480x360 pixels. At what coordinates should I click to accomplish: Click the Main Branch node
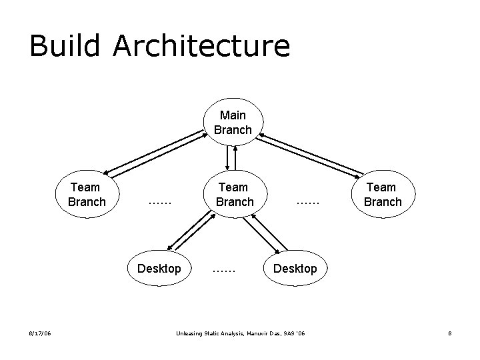(233, 123)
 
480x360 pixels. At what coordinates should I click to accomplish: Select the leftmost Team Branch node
(87, 194)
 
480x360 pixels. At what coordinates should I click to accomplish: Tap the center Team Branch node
(234, 194)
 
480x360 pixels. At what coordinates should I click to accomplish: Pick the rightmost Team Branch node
(383, 194)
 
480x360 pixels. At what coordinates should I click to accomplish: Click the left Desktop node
(159, 269)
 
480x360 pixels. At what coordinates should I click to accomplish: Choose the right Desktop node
(295, 269)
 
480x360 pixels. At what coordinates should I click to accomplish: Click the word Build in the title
(64, 46)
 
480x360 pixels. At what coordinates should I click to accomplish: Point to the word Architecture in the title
(201, 46)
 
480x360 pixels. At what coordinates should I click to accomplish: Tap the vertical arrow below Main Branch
(231, 157)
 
